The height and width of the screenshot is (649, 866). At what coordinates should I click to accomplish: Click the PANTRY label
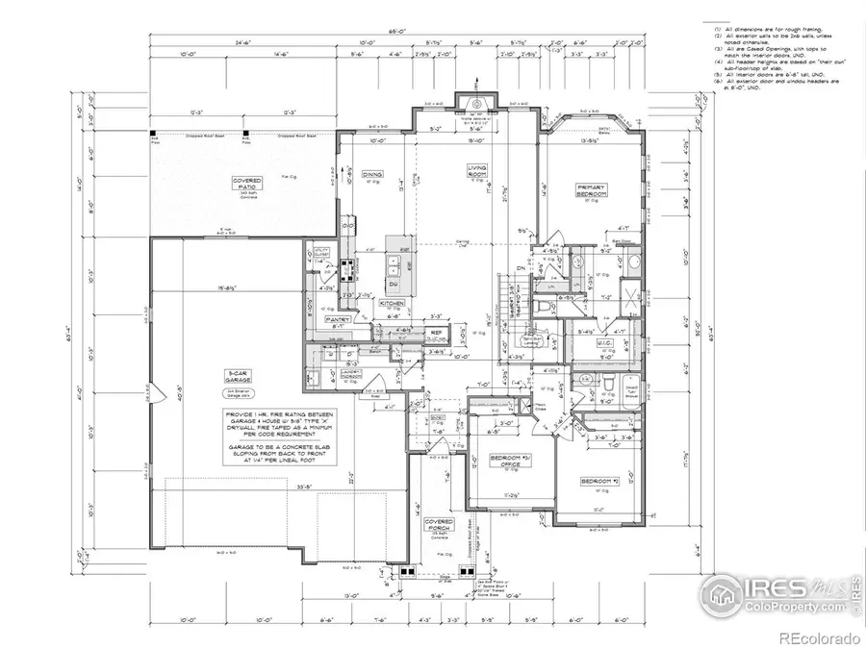click(337, 318)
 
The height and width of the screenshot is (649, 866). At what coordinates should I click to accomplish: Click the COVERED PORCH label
click(440, 525)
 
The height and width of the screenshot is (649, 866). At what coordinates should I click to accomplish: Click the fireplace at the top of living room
click(475, 102)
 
